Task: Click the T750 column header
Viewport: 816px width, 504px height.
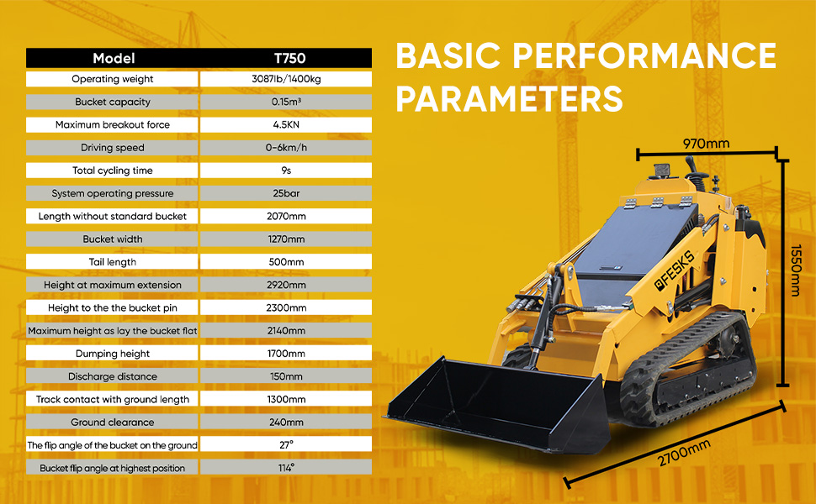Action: pyautogui.click(x=290, y=58)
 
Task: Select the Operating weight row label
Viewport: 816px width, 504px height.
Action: pyautogui.click(x=113, y=79)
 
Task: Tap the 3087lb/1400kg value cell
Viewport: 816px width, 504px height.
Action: pyautogui.click(x=286, y=79)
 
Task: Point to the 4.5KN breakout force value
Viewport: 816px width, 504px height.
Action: pyautogui.click(x=286, y=124)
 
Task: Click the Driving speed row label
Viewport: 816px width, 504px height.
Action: pyautogui.click(x=113, y=148)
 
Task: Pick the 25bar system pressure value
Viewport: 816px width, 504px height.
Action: pyautogui.click(x=286, y=193)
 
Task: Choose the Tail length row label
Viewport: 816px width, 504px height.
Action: pyautogui.click(x=113, y=262)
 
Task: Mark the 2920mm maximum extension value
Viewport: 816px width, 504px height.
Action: pyautogui.click(x=286, y=285)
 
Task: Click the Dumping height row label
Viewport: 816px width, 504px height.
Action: pyautogui.click(x=113, y=354)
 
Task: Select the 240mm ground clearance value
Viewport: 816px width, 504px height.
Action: pyautogui.click(x=286, y=422)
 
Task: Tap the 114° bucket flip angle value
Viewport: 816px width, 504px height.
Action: pyautogui.click(x=286, y=468)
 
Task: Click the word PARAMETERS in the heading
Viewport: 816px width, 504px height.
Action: pyautogui.click(x=510, y=98)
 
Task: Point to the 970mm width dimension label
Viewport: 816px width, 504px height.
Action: pyautogui.click(x=706, y=144)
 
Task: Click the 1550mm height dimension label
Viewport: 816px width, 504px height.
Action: pyautogui.click(x=796, y=270)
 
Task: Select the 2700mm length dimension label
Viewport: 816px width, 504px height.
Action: pyautogui.click(x=684, y=453)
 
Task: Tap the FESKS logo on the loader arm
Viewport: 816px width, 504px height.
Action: pyautogui.click(x=675, y=270)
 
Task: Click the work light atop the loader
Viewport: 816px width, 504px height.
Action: pyautogui.click(x=663, y=171)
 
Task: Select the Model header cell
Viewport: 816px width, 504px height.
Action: pyautogui.click(x=114, y=58)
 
